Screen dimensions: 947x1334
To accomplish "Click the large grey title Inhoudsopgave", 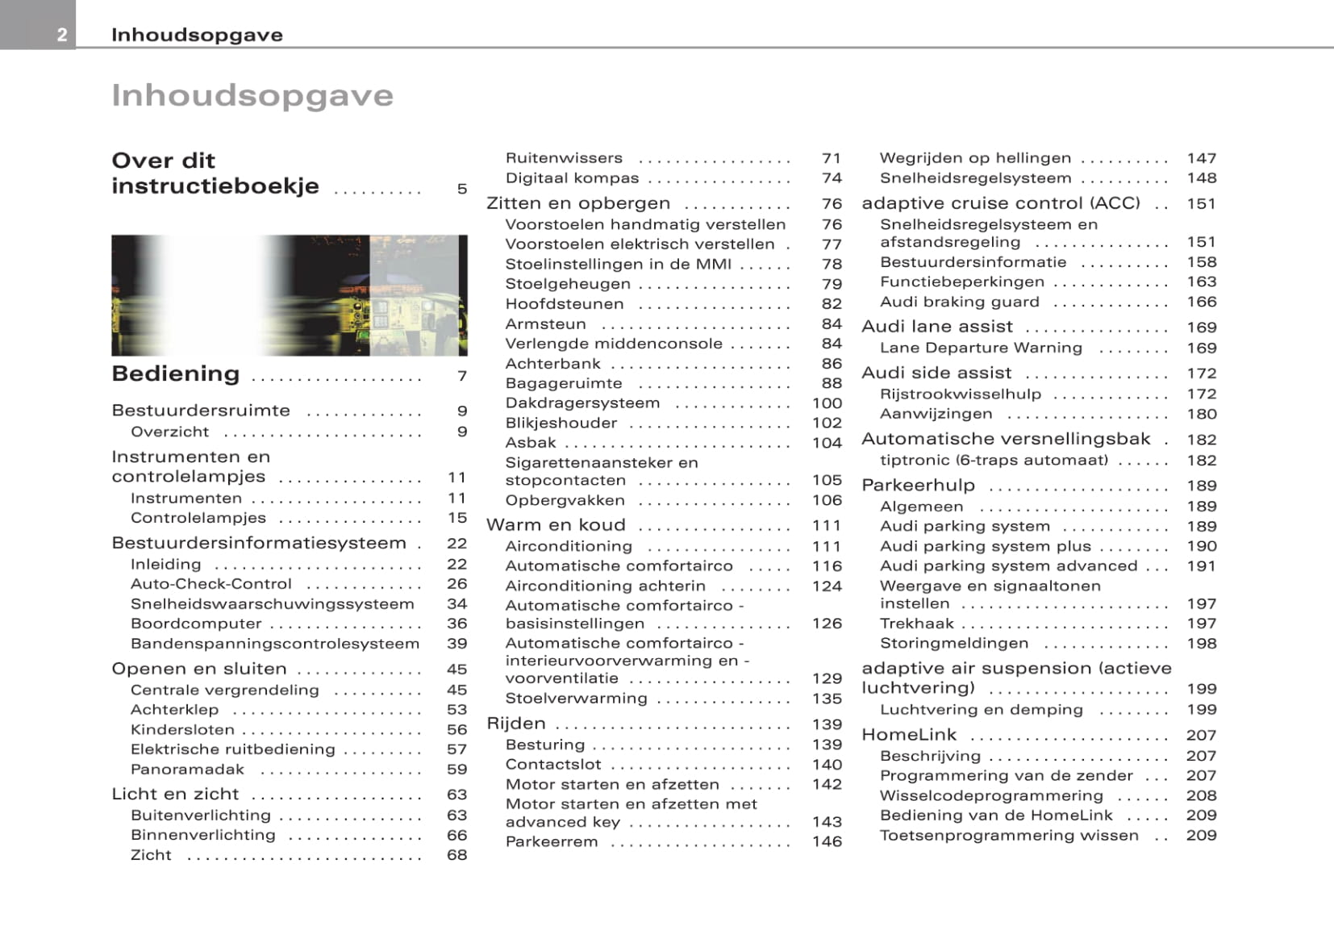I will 252,95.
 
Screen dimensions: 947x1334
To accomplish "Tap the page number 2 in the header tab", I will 62,35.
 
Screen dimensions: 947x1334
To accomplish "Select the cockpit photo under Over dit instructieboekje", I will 289,295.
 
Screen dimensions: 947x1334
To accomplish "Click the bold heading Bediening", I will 176,373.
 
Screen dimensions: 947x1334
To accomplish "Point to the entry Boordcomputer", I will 196,624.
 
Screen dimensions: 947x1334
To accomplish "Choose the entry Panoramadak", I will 187,770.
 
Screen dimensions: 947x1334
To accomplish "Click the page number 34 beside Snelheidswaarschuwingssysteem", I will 456,604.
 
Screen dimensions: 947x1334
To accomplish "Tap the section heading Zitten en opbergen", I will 578,203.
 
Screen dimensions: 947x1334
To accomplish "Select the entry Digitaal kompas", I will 572,178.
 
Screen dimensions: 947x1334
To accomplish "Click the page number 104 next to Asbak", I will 827,443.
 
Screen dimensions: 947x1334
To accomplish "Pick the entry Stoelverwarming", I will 576,699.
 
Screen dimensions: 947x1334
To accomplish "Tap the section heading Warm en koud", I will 556,525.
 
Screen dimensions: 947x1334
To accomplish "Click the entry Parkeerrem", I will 552,841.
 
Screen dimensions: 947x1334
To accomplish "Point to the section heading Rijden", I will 516,724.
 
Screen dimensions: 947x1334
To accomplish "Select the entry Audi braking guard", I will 960,302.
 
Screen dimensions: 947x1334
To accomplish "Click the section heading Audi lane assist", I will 937,327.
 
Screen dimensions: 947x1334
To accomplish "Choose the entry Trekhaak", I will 917,624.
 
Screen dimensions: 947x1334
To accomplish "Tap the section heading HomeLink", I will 909,735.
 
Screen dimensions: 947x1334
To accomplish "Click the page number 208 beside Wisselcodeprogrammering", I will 1201,795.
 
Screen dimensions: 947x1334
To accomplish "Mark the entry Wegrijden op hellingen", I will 975,158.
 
